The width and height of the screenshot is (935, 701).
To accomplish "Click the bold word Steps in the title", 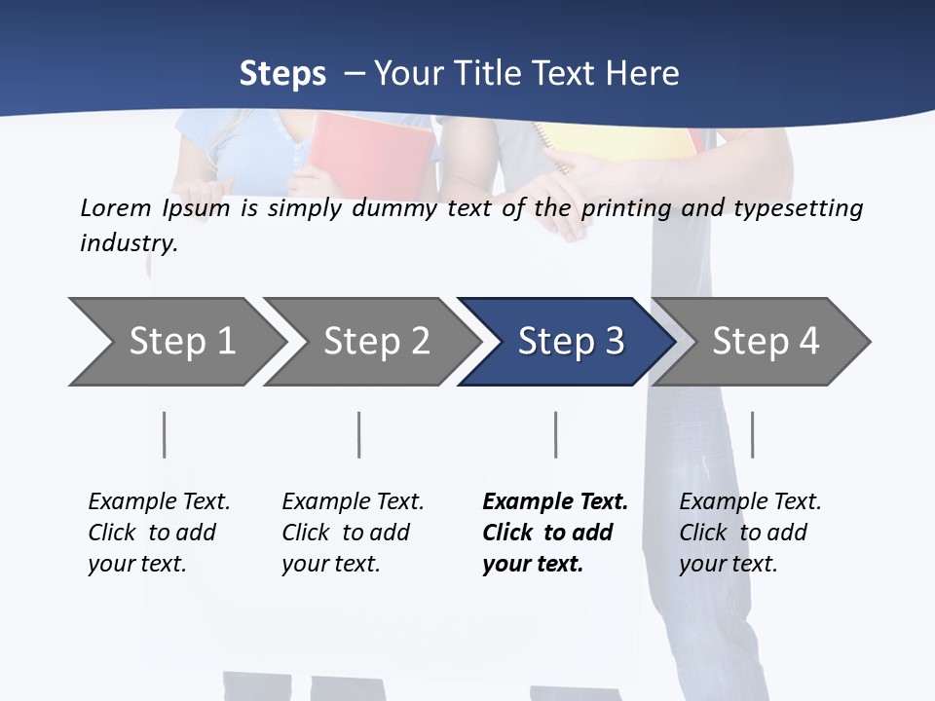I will pos(282,73).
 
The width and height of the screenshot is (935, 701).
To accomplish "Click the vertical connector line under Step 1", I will pos(164,434).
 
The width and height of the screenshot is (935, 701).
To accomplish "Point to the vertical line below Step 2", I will pos(359,434).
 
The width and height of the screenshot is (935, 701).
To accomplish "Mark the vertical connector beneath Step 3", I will pos(555,434).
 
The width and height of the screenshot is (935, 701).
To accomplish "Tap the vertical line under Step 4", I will pos(752,434).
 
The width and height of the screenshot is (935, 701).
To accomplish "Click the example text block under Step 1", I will pos(159,533).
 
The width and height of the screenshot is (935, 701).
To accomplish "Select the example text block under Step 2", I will pos(353,533).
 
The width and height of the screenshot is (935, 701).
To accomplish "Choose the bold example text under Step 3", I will pos(555,533).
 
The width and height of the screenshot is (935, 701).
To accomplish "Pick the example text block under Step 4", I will pos(750,533).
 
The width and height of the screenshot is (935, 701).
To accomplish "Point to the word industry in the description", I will pos(129,243).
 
